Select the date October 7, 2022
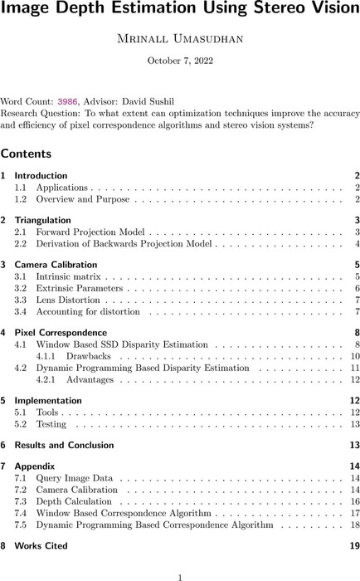pyautogui.click(x=179, y=61)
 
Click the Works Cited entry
pyautogui.click(x=42, y=546)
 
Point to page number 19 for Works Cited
pyautogui.click(x=353, y=546)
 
